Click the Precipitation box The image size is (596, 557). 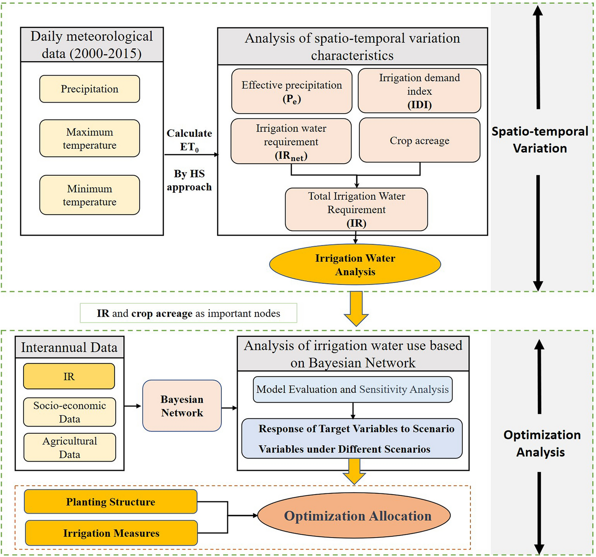(x=89, y=89)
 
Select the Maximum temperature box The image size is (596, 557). (x=89, y=138)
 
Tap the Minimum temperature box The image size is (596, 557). (x=89, y=195)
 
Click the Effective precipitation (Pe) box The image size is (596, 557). (x=291, y=91)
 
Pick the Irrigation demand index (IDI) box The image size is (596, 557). (x=419, y=91)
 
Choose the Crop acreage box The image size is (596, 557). (x=419, y=140)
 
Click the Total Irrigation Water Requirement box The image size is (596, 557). (x=356, y=210)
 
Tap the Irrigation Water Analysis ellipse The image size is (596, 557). (x=355, y=265)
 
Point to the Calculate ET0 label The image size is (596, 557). (x=189, y=140)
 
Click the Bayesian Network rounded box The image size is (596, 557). (x=182, y=406)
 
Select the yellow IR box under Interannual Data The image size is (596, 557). (x=69, y=376)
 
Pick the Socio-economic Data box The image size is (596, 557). (x=70, y=412)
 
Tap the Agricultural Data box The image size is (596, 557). (x=70, y=447)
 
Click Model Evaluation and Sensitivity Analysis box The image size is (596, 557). (x=352, y=390)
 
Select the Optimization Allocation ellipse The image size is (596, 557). (x=354, y=516)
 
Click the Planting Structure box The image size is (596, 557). (x=111, y=502)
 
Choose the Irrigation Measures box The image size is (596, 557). (x=111, y=533)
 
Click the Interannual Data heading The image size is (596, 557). (x=69, y=347)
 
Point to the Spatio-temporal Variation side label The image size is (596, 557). (x=540, y=140)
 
